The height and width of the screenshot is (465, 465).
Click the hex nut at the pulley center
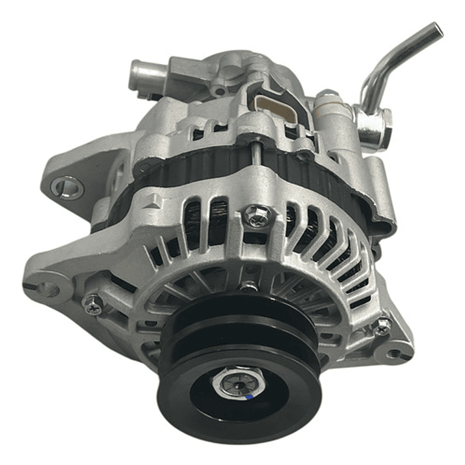point(237,384)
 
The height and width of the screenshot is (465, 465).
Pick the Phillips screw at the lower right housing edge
point(383,325)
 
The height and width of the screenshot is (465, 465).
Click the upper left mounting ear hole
point(67,188)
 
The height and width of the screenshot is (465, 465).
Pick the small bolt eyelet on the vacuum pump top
point(220,91)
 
